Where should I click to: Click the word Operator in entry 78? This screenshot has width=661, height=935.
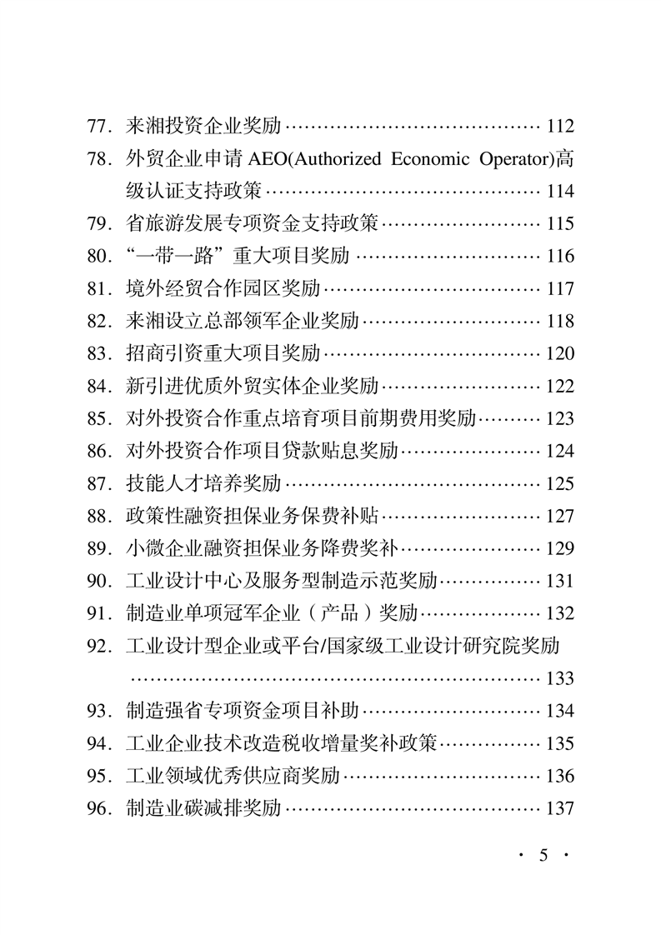click(514, 159)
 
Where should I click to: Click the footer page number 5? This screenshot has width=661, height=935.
click(543, 856)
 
